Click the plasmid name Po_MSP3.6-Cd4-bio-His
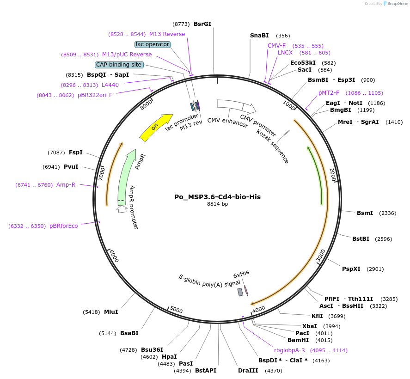point(217,197)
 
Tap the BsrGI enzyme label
point(202,24)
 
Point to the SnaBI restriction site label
point(259,36)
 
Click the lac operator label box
point(153,44)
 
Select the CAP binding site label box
point(119,65)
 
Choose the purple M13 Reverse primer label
point(167,34)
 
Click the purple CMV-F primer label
point(277,46)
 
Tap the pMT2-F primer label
point(329,93)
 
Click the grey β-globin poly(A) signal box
point(240,292)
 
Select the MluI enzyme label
point(111,312)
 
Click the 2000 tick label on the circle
point(333,175)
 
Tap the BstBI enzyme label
point(361,239)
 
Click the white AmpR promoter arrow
point(122,209)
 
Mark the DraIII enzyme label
point(247,371)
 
